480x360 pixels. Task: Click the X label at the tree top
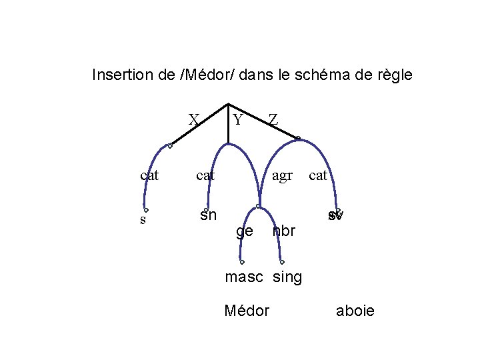(193, 119)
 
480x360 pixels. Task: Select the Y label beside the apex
(238, 119)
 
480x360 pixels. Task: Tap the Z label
(273, 119)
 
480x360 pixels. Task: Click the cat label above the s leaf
(149, 175)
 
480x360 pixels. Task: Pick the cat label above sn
(205, 175)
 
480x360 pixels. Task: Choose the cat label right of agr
(318, 175)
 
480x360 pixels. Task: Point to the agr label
(283, 175)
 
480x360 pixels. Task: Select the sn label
(208, 215)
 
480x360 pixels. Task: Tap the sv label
(335, 216)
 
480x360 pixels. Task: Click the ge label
(245, 231)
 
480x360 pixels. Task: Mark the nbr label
(284, 231)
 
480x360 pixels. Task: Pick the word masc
(244, 277)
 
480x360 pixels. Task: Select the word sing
(287, 277)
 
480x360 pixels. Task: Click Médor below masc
(247, 311)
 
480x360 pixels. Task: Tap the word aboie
(355, 311)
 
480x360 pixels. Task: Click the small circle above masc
(243, 262)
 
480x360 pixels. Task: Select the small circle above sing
(283, 262)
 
